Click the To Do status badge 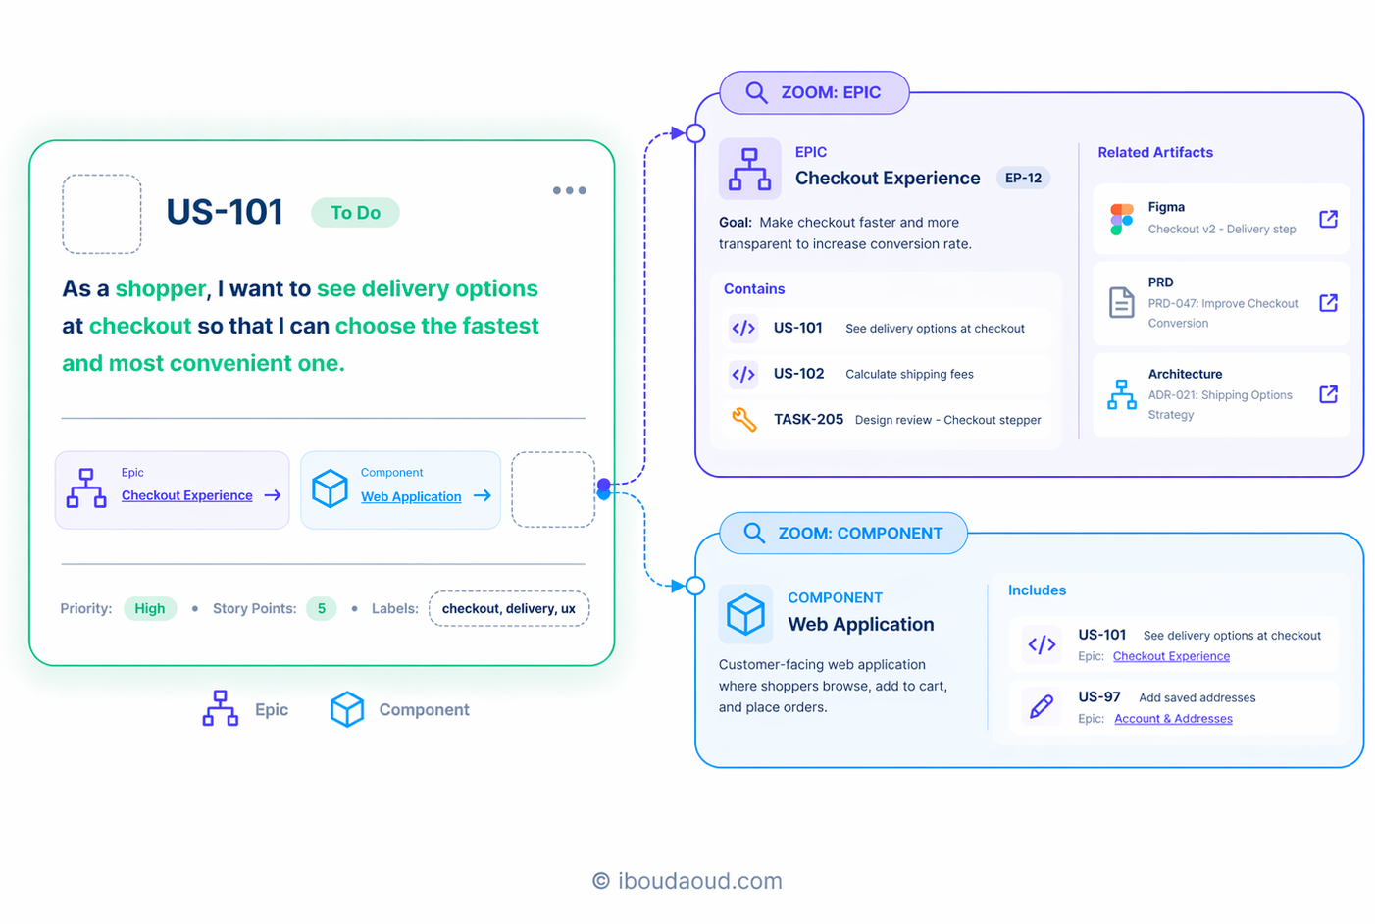tap(355, 213)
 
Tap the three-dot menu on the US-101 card tap(569, 191)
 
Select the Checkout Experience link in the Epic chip tap(187, 495)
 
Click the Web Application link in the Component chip tap(411, 496)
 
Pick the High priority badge tap(150, 608)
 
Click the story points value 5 tap(322, 608)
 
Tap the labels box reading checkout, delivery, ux tap(509, 608)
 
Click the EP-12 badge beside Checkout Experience tap(1023, 178)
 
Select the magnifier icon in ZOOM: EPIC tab tap(756, 92)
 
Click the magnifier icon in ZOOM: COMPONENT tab tap(754, 533)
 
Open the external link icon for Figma tap(1328, 218)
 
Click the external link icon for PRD tap(1328, 302)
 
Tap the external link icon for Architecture tap(1328, 393)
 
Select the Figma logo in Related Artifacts tap(1121, 218)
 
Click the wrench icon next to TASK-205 tap(743, 420)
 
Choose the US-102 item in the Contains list tap(798, 374)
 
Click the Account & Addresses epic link tap(1173, 719)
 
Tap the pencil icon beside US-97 tap(1042, 706)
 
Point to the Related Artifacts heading tap(1155, 152)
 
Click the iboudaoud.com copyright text tap(687, 881)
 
